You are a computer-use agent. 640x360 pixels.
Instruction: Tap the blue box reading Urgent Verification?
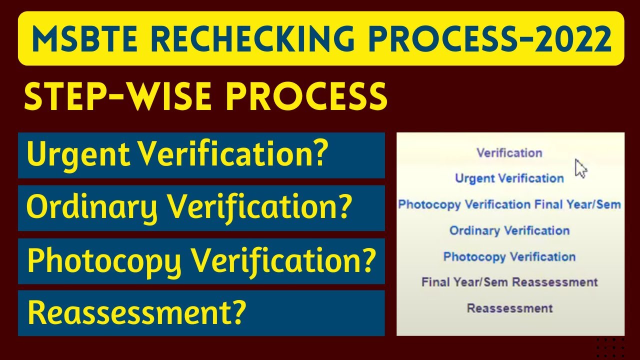click(x=201, y=155)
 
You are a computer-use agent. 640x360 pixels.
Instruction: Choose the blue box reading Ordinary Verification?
click(x=201, y=208)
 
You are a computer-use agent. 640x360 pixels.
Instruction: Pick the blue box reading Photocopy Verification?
click(x=201, y=261)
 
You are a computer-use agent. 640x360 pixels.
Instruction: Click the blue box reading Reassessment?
click(x=201, y=313)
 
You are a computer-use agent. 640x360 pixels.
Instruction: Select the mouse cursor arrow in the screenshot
click(x=580, y=168)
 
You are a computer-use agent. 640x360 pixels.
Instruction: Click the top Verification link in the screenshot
click(x=509, y=152)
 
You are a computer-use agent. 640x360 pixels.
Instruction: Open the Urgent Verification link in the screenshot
click(x=509, y=178)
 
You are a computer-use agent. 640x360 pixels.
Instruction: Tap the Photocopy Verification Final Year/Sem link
click(x=509, y=204)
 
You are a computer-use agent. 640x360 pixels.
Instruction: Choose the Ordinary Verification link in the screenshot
click(x=509, y=230)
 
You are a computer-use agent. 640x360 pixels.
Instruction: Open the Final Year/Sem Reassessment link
click(x=509, y=282)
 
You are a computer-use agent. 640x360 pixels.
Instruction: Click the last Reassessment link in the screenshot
click(x=509, y=308)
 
